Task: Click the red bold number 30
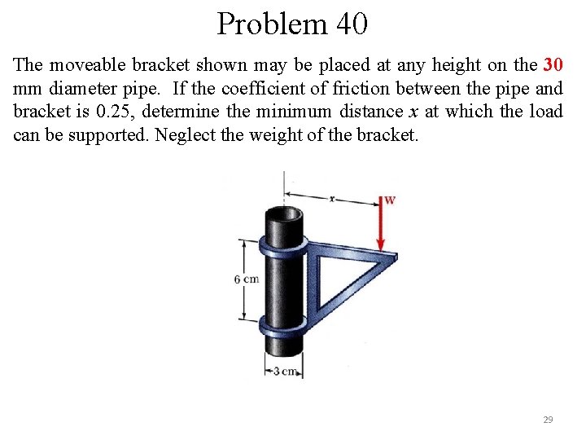553,64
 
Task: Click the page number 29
548,420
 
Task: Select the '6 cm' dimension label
247,279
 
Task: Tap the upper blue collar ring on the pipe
283,244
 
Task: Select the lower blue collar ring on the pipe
284,323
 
